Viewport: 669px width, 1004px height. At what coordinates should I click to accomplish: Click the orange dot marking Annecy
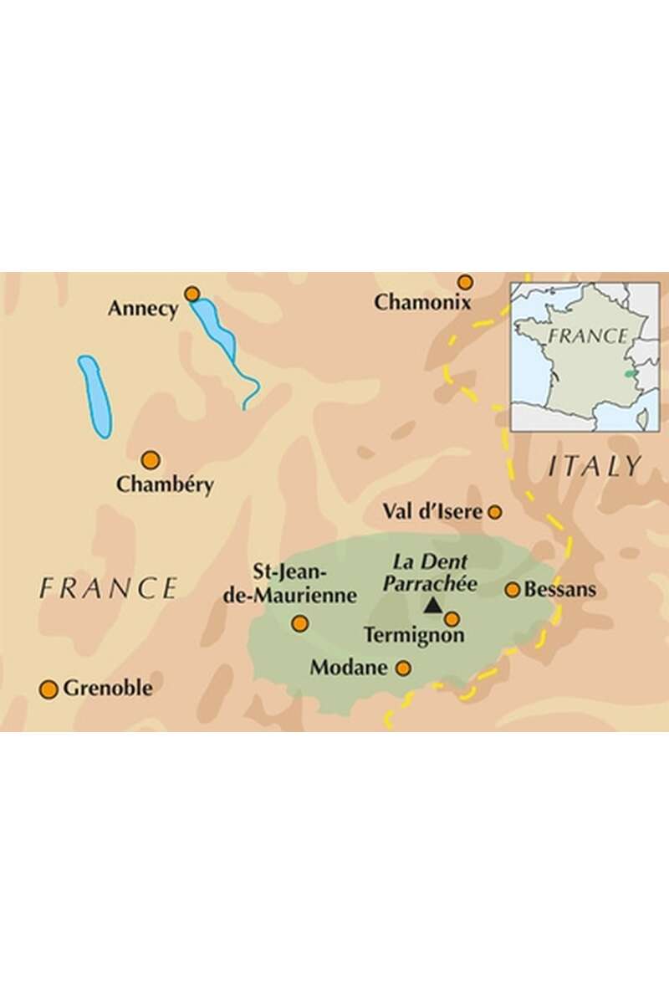[192, 294]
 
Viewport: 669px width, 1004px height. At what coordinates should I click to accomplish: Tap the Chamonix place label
[423, 303]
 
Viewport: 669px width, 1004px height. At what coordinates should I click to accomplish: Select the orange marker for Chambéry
[151, 459]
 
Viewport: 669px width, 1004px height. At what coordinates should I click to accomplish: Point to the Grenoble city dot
[49, 689]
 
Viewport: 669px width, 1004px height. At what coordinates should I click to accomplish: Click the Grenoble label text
[109, 689]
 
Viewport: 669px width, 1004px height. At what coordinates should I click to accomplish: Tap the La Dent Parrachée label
[430, 573]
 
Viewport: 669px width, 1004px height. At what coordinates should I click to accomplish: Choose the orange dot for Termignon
[452, 619]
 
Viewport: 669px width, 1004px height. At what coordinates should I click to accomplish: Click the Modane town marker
[403, 668]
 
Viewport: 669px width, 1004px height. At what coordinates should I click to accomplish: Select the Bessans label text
[560, 590]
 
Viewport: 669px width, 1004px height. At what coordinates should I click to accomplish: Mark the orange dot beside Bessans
[513, 590]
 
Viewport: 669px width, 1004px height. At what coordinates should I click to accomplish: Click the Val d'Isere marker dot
[495, 511]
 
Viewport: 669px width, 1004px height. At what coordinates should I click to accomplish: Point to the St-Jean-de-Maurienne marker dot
[299, 623]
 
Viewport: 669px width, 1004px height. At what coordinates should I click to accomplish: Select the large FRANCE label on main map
[109, 588]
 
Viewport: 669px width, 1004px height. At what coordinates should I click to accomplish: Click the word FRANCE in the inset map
[588, 336]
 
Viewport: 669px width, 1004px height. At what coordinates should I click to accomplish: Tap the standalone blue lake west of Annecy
[94, 397]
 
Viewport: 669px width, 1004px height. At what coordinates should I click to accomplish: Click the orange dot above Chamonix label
[465, 282]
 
